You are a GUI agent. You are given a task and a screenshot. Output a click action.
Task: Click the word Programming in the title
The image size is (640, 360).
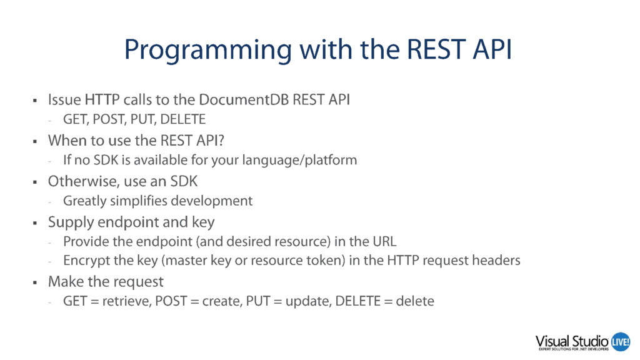tap(207, 51)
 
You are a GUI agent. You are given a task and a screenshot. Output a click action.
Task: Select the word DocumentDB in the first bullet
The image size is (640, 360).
tap(244, 99)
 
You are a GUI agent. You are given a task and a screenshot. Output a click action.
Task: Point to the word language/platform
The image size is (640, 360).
tap(299, 160)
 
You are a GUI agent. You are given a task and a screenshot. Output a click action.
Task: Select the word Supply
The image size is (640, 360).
tap(71, 222)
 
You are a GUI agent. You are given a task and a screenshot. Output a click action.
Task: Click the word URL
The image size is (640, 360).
tap(384, 242)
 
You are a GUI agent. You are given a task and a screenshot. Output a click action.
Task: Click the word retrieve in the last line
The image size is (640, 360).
tap(127, 301)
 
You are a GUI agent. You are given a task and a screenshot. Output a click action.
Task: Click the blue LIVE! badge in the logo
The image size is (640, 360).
tap(621, 342)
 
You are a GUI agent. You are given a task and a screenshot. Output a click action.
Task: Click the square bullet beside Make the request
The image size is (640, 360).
tap(35, 282)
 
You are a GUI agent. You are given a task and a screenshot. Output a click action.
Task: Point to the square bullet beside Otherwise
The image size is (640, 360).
tap(35, 182)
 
